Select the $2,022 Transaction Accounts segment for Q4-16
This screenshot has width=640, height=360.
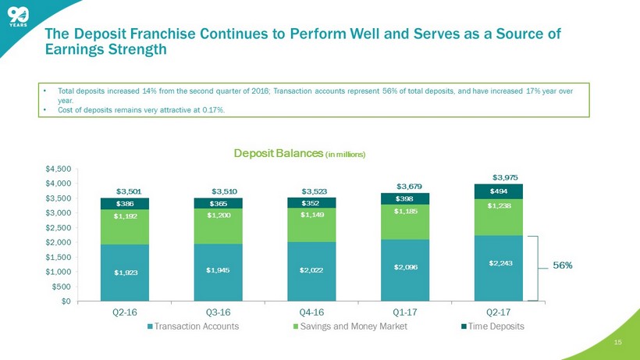tap(312, 269)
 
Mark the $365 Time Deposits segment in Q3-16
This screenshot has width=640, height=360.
tap(219, 203)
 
